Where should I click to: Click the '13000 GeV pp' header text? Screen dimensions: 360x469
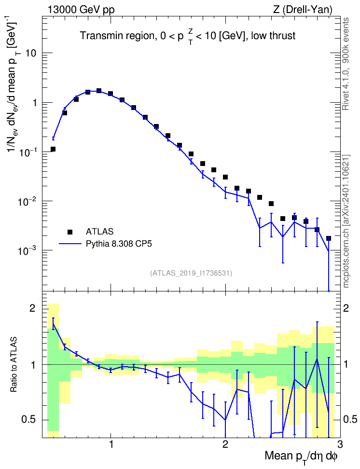81,10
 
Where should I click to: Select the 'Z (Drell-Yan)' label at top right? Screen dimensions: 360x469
303,10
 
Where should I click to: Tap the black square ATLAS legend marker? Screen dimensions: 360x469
70,232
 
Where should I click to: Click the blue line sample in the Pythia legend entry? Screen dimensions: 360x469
70,244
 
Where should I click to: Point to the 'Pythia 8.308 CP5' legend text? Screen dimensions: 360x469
119,244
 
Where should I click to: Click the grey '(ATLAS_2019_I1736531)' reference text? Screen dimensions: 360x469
191,273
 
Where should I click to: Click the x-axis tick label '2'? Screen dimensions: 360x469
225,444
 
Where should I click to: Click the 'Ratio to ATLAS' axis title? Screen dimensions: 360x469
14,365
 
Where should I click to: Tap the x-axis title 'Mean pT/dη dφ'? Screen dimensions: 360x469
301,457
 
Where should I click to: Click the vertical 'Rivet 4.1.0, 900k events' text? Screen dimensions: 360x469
346,64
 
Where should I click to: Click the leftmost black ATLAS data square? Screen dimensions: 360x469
53,149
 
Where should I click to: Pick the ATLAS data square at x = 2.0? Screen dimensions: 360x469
225,177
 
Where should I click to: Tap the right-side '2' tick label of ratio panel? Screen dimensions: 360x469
346,308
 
